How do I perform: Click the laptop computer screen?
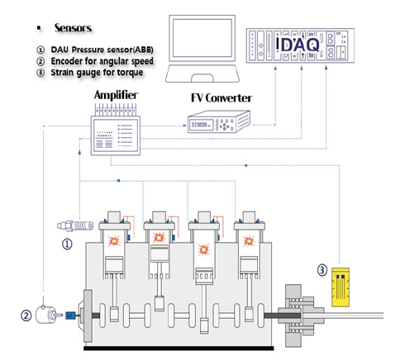point(202,38)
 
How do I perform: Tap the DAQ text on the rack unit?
point(300,45)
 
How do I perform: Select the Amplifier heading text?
point(116,95)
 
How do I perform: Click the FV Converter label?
point(221,98)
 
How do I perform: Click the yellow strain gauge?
point(340,287)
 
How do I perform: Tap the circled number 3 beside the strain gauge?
point(322,270)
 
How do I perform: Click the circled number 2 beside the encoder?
point(26,315)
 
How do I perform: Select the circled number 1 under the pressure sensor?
point(67,244)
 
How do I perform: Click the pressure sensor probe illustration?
point(75,226)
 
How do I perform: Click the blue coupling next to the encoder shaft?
point(70,315)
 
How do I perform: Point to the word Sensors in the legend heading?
point(73,28)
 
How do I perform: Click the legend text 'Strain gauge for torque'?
point(97,73)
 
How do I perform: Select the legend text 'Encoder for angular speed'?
point(102,61)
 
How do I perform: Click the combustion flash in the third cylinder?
point(204,249)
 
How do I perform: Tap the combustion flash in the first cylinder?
point(114,241)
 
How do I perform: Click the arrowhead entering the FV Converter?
point(185,126)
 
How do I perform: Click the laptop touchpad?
point(202,78)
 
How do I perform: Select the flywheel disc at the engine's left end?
point(88,315)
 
